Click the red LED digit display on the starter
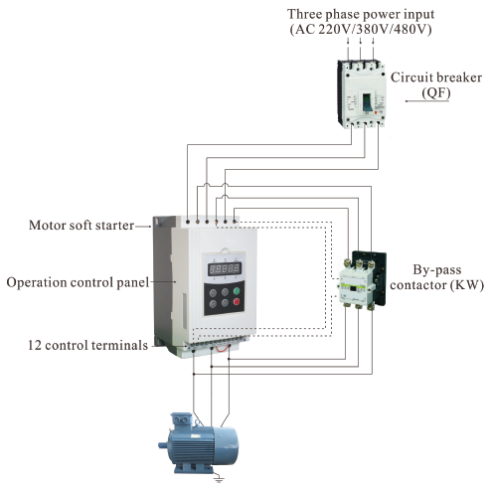[x=222, y=266]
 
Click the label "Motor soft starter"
[x=80, y=226]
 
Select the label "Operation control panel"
[x=77, y=282]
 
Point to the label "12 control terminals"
[x=87, y=345]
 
